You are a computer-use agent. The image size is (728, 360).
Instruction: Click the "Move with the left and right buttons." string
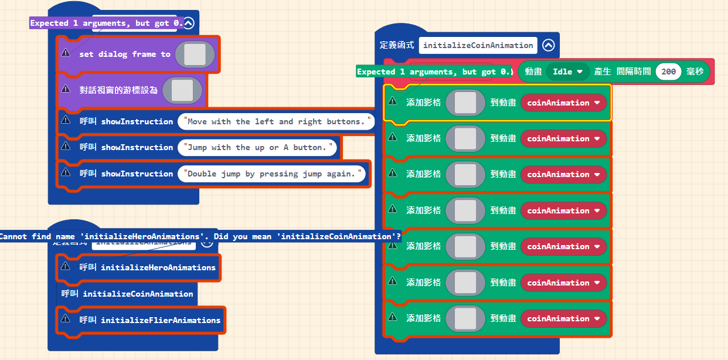[x=276, y=121]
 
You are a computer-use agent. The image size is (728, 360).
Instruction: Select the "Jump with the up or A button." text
[x=258, y=147]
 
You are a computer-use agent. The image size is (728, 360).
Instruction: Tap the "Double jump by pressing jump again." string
[x=271, y=174]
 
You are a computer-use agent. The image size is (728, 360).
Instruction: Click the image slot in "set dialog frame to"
[x=194, y=54]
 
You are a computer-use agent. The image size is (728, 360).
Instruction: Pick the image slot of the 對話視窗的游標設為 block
[x=182, y=90]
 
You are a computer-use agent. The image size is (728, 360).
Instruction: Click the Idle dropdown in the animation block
[x=567, y=72]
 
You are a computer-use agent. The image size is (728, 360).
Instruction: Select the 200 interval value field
[x=668, y=72]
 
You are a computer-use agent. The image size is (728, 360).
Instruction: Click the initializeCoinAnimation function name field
[x=478, y=45]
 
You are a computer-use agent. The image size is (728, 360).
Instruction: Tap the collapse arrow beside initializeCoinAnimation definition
[x=548, y=45]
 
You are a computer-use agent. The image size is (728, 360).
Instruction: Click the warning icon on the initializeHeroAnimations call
[x=66, y=267]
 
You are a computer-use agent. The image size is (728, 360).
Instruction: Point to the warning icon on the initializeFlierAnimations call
[x=66, y=320]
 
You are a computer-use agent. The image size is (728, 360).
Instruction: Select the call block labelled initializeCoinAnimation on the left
[x=138, y=294]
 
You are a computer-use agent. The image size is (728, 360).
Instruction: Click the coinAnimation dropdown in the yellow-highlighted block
[x=563, y=103]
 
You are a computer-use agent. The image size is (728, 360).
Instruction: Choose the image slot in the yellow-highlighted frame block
[x=465, y=103]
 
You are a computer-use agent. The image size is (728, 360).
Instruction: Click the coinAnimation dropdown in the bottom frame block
[x=563, y=318]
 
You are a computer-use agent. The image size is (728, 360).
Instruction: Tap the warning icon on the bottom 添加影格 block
[x=393, y=318]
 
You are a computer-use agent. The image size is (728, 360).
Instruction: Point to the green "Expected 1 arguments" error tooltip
[x=434, y=72]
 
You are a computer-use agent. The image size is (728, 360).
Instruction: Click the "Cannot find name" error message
[x=199, y=236]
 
